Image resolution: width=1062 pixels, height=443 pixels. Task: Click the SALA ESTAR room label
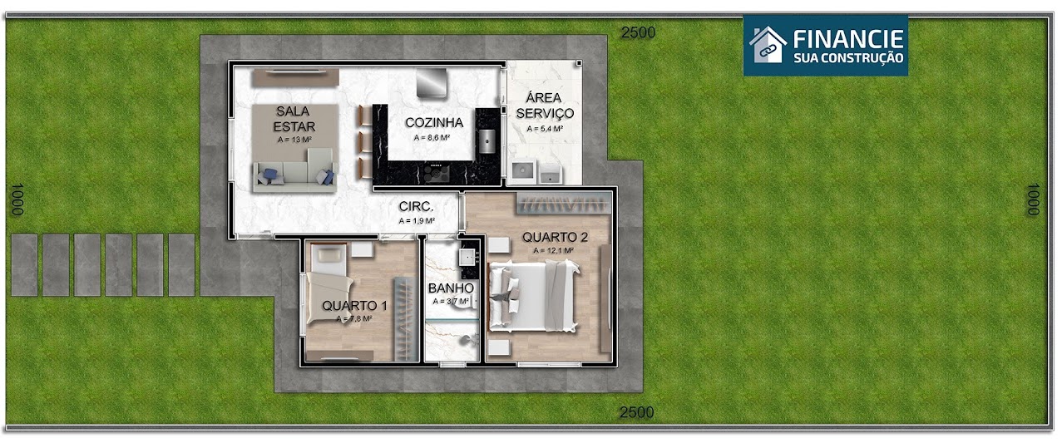295,118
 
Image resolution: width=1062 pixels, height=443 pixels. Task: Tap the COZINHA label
434,123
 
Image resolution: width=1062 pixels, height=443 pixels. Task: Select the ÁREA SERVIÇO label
545,106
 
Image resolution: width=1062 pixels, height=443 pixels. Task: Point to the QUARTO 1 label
354,305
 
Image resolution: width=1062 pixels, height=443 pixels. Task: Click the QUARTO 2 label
555,237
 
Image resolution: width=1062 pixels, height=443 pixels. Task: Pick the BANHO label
451,288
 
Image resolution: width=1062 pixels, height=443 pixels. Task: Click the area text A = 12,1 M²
555,250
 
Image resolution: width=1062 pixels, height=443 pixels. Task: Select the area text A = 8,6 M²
433,137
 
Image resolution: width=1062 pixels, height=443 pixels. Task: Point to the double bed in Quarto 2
532,295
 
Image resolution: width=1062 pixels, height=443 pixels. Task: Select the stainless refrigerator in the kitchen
431,83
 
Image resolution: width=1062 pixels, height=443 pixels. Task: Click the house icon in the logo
767,44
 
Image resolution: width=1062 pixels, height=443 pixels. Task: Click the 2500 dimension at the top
638,32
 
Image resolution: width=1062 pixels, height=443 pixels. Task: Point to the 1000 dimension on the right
1033,199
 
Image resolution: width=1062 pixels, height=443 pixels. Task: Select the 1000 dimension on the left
15,199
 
